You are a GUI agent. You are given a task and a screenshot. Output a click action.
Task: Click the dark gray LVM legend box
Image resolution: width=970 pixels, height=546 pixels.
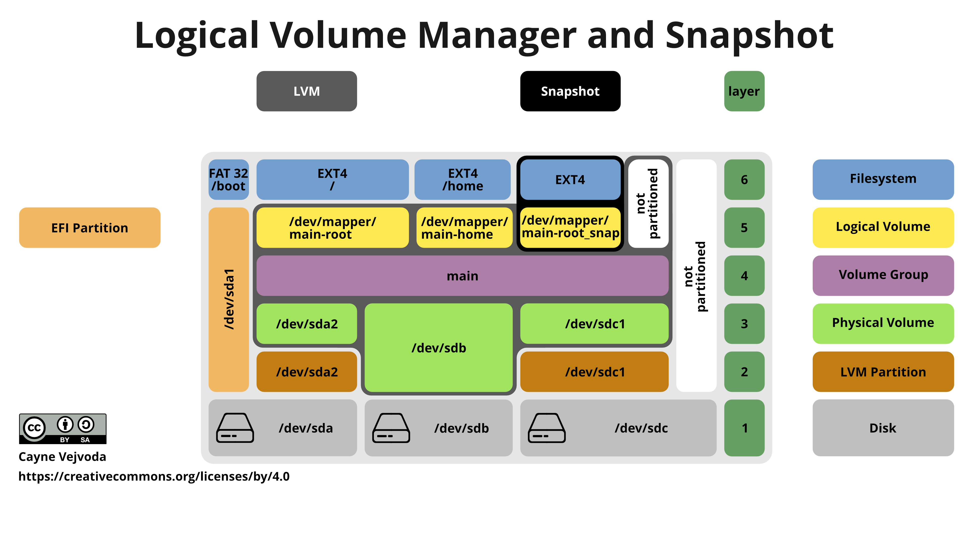pos(306,91)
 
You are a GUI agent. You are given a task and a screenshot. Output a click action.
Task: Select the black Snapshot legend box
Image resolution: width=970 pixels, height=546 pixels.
pos(570,91)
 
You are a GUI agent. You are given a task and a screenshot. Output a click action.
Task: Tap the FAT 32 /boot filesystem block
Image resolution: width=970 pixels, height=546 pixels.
pos(228,179)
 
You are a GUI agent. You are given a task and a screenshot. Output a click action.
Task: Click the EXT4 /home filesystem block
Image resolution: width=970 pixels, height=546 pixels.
pos(463,179)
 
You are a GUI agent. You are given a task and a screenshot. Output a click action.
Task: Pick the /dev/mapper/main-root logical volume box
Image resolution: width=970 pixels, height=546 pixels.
pos(332,227)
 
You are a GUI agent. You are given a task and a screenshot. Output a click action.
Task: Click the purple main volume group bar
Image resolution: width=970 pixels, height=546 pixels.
pos(463,276)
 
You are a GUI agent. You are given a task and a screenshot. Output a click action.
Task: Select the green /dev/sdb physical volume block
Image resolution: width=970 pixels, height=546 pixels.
pos(439,347)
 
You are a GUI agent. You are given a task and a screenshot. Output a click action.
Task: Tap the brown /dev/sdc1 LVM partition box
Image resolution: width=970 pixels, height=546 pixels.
pos(594,372)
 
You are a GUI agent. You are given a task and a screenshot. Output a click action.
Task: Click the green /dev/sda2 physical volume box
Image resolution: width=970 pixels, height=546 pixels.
pos(306,324)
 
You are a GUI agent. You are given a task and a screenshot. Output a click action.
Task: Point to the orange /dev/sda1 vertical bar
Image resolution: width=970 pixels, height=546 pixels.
pos(229,299)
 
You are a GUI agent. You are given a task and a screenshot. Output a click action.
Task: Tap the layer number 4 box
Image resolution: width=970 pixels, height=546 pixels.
pos(744,276)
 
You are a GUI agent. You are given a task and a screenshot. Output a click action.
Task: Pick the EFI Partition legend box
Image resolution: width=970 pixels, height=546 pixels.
pos(90,227)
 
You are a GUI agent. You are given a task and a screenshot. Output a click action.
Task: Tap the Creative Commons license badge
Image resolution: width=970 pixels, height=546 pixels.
pos(62,428)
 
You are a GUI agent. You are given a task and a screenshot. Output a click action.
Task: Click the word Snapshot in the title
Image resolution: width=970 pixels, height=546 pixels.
pos(749,36)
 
